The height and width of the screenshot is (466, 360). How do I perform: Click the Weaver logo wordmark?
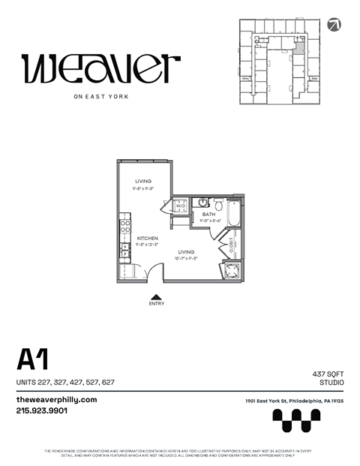pos(100,69)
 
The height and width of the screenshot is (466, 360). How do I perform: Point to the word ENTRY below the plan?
pos(157,303)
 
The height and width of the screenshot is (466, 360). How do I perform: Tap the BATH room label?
pos(209,215)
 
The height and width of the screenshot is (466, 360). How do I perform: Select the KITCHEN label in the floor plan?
pos(147,239)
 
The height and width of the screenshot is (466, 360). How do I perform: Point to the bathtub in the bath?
pos(234,215)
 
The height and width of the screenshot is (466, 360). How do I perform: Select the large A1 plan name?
pos(32,360)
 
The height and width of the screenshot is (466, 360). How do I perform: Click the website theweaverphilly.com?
pos(56,400)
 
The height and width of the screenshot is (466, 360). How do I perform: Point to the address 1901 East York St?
pos(294,401)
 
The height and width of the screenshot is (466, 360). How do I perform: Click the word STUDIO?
pos(331,383)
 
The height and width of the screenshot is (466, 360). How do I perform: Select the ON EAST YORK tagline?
pos(100,96)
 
